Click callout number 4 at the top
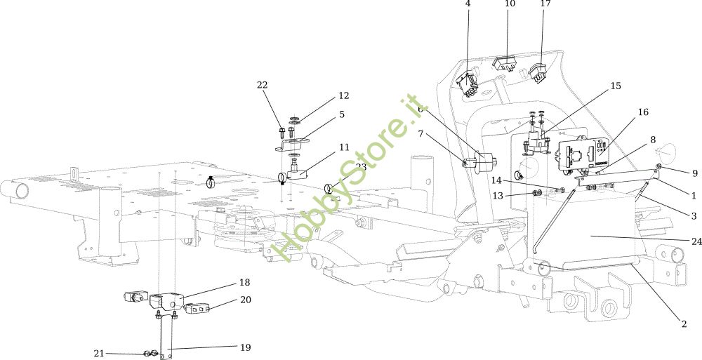coord(468,4)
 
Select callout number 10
coord(510,4)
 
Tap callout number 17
coord(545,4)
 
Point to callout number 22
coord(263,85)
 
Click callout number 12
coord(343,95)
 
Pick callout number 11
coord(343,147)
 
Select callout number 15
coord(616,86)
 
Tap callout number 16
coord(643,112)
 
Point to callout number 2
coord(683,324)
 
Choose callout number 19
coord(245,347)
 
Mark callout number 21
coord(98,353)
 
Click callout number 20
coord(245,300)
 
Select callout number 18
coord(244,282)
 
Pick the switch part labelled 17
coord(539,72)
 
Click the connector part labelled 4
coord(467,85)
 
